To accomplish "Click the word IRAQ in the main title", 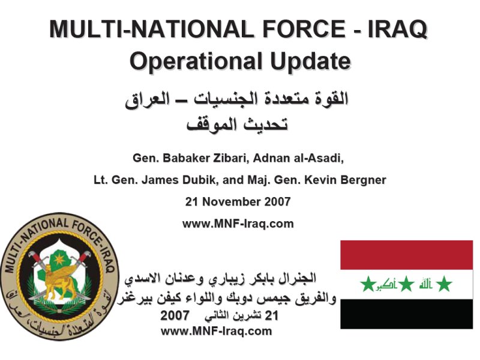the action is pyautogui.click(x=397, y=29).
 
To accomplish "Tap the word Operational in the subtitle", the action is pyautogui.click(x=196, y=62).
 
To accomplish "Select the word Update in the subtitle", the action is pyautogui.click(x=310, y=61).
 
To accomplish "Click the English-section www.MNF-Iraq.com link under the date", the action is pyautogui.click(x=238, y=224).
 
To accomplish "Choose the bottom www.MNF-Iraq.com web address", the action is pyautogui.click(x=216, y=331).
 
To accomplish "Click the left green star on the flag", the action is pyautogui.click(x=368, y=284).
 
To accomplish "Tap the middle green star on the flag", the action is pyautogui.click(x=406, y=284).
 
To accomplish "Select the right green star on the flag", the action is pyautogui.click(x=444, y=284).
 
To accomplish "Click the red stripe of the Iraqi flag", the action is pyautogui.click(x=407, y=255).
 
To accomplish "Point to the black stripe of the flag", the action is pyautogui.click(x=407, y=314).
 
